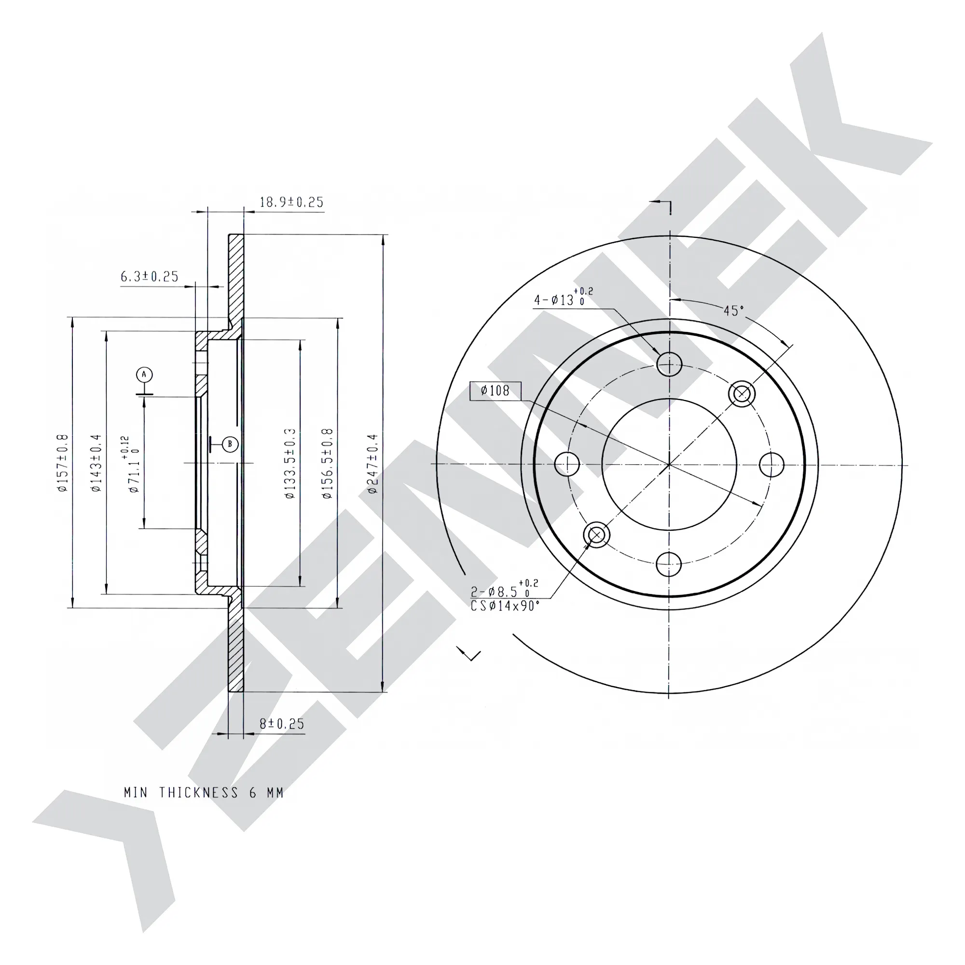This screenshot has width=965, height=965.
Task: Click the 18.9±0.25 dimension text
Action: point(291,202)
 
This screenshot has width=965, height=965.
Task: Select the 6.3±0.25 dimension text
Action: point(150,276)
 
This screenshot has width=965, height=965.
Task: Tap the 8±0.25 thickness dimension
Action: point(282,724)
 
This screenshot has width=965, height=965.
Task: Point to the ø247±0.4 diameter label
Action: point(372,464)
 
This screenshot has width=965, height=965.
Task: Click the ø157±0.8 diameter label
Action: point(62,463)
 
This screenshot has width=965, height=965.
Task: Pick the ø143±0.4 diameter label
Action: point(96,463)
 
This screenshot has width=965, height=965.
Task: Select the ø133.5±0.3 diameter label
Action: point(290,463)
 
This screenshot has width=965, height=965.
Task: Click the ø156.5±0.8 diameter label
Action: point(327,463)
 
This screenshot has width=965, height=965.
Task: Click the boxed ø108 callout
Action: point(496,391)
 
